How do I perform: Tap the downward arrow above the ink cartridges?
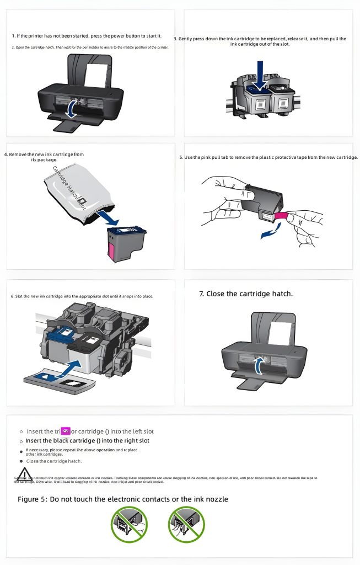point(259,76)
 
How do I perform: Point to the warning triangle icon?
point(24,473)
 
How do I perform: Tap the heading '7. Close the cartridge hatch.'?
point(245,294)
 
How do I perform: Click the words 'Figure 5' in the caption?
point(34,499)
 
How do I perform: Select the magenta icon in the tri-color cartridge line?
point(66,430)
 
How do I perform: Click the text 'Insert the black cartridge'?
point(61,441)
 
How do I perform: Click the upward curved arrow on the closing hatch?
point(258,365)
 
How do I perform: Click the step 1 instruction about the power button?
point(87,36)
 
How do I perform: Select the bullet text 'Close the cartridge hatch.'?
point(54,461)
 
